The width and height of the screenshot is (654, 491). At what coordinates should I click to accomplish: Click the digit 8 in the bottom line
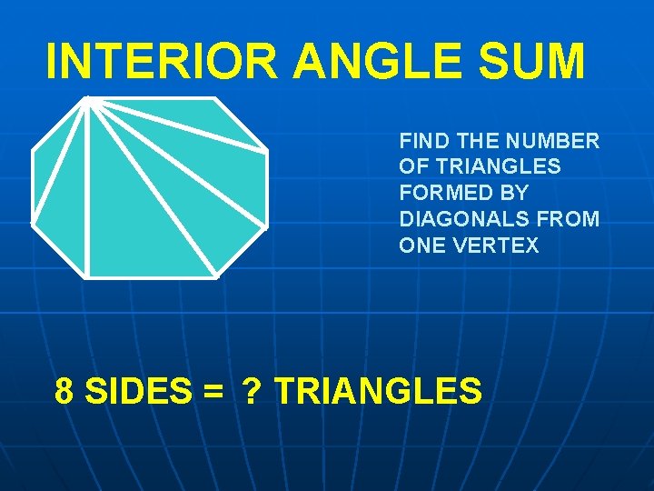pyautogui.click(x=64, y=391)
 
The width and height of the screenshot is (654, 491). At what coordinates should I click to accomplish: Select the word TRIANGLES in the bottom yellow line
pyautogui.click(x=378, y=391)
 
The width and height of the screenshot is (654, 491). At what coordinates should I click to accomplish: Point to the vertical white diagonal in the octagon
pyautogui.click(x=86, y=191)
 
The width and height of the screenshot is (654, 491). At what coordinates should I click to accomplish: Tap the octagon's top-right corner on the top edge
pyautogui.click(x=214, y=98)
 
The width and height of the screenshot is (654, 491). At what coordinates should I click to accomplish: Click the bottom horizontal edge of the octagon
pyautogui.click(x=151, y=276)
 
